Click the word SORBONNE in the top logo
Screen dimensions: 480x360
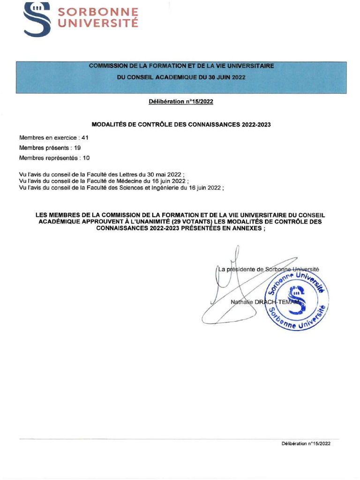(98, 12)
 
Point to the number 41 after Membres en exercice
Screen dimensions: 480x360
(85, 137)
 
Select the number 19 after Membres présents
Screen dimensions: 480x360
(78, 148)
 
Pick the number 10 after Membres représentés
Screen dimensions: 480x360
(86, 158)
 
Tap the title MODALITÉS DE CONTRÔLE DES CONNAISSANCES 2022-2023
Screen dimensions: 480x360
(181, 124)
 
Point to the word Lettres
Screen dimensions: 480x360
(124, 174)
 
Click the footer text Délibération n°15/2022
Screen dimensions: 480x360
(306, 443)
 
